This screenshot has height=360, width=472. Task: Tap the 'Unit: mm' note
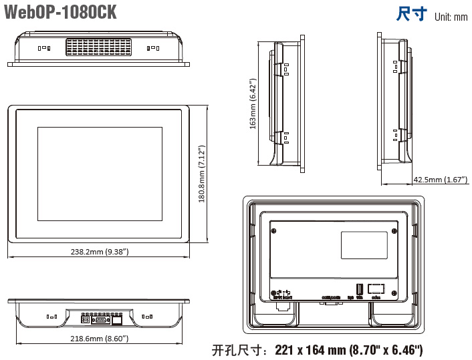coord(451,17)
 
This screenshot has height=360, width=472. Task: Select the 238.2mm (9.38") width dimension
coord(100,252)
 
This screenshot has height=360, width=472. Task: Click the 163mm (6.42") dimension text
coord(253,105)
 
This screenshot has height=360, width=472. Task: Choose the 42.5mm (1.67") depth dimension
coord(440,180)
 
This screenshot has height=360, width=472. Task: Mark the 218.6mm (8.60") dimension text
coord(100,339)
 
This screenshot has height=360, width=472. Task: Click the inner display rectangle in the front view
coord(99,174)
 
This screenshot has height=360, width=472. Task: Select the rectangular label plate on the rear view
coord(364,244)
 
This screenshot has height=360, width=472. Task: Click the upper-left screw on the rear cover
coord(274,230)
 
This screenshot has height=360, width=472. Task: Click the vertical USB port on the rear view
coord(358,289)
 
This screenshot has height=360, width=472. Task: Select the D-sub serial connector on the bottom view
coord(100,320)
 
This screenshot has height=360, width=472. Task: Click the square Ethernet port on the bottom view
coord(117,320)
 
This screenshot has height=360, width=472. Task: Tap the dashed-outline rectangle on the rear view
coord(376,289)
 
